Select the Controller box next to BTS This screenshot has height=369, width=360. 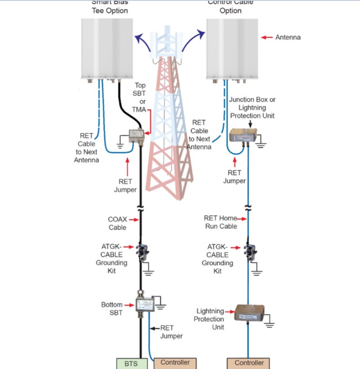click(x=175, y=363)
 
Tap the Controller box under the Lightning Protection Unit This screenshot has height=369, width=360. click(x=249, y=363)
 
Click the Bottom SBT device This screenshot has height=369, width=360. click(x=145, y=305)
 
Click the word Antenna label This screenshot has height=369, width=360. click(x=288, y=37)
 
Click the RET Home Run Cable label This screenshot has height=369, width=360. click(x=220, y=222)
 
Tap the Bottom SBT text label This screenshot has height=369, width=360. click(x=112, y=309)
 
